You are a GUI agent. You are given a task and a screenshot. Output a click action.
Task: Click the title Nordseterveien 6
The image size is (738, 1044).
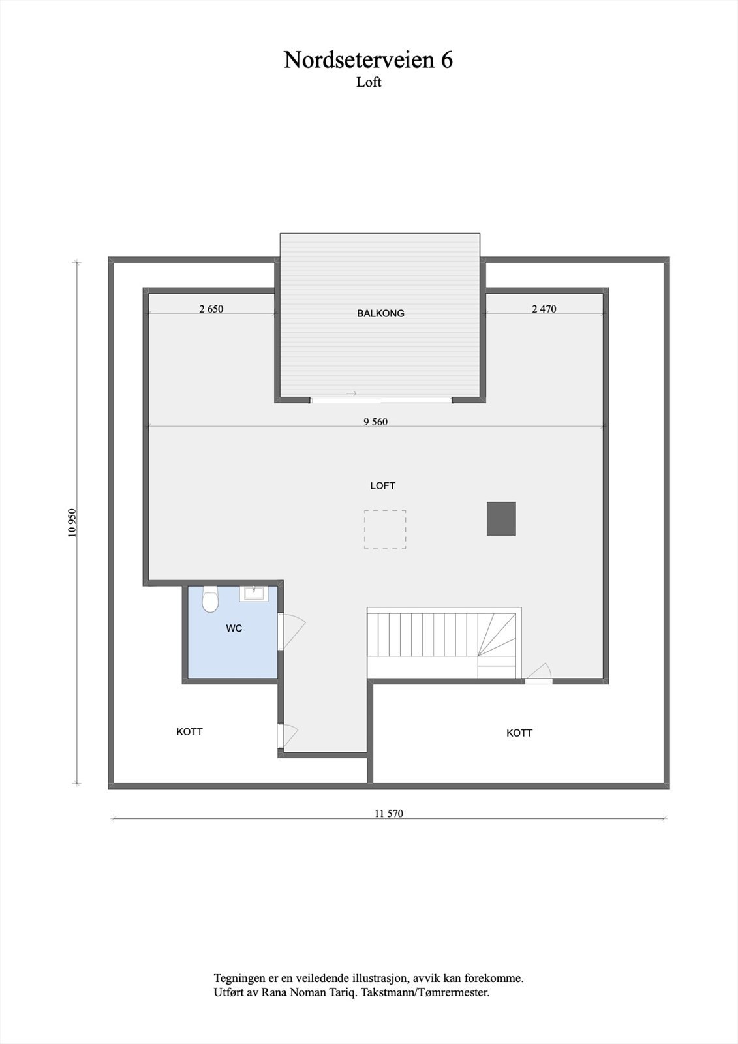coord(368,60)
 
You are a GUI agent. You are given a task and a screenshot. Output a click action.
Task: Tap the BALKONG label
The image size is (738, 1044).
coord(380,313)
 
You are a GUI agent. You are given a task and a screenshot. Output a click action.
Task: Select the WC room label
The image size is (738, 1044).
coord(234,628)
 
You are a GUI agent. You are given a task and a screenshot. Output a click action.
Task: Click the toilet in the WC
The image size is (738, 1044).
coord(209,599)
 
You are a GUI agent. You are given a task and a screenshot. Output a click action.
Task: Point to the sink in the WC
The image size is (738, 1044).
coord(253,592)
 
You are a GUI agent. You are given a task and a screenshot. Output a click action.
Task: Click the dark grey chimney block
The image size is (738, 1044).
coord(501,519)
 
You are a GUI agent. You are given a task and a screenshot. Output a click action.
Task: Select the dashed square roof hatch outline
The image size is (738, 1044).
coord(385,529)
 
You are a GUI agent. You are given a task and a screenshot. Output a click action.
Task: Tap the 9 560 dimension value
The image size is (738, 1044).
coord(375,422)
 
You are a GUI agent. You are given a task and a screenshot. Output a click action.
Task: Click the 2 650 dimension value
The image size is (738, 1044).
coord(211,309)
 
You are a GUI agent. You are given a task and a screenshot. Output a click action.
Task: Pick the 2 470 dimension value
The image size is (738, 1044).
coord(544,309)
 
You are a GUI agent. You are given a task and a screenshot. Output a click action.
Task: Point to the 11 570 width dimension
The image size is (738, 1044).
coord(389,813)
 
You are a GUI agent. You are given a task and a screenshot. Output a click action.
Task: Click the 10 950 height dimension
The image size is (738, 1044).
coord(72,523)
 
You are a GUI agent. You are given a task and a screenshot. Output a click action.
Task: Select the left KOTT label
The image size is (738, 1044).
coord(189,731)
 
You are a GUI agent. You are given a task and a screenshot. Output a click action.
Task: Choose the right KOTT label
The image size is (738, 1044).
coord(519,733)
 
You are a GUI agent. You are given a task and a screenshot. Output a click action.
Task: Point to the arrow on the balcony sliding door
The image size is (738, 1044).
coord(352,393)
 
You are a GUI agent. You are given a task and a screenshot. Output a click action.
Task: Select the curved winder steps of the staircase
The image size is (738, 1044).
coord(497,636)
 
